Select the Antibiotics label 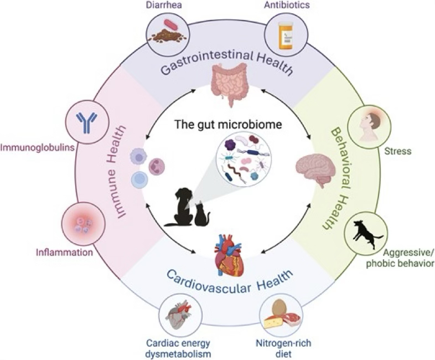(x=287, y=5)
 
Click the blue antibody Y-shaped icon (x=87, y=121)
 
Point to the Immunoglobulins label (x=38, y=147)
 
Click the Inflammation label (x=64, y=253)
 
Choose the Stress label (x=397, y=151)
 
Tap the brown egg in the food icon (x=279, y=308)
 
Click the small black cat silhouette (x=201, y=214)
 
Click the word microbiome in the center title (x=251, y=125)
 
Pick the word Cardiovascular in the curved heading (x=209, y=282)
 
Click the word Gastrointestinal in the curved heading (x=206, y=61)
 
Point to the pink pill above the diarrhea (x=171, y=24)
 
